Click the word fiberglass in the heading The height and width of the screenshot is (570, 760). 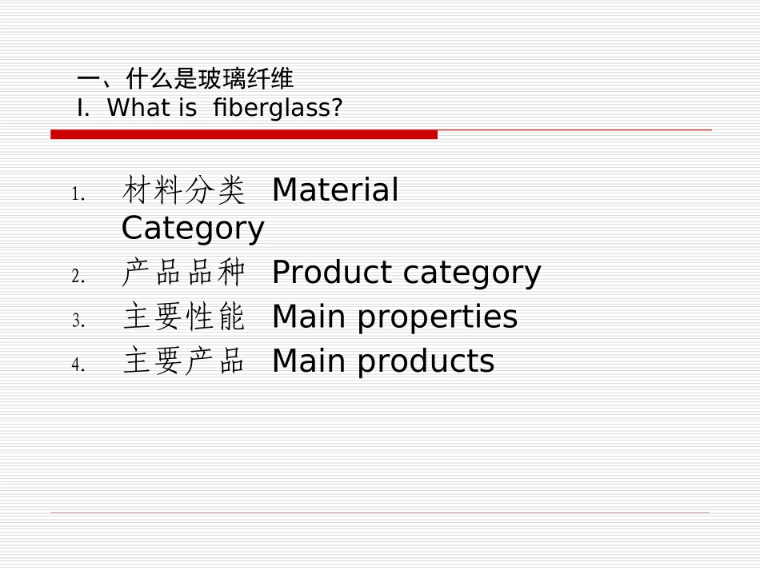click(277, 107)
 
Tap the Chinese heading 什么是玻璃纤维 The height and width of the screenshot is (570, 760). click(210, 78)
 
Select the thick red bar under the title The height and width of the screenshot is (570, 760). click(244, 134)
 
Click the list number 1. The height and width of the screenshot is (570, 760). click(78, 194)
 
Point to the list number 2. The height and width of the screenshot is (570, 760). click(78, 277)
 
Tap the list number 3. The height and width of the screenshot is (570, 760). click(78, 321)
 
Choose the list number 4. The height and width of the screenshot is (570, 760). click(78, 365)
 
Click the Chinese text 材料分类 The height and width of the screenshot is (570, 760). click(183, 190)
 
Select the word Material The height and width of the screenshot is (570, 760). click(335, 190)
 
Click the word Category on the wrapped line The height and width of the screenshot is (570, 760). click(193, 229)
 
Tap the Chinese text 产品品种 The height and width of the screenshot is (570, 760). click(183, 273)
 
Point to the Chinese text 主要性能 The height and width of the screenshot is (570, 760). click(183, 317)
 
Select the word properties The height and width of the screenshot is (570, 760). click(438, 318)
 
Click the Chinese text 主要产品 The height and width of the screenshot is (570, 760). click(183, 361)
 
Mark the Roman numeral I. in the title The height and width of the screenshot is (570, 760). click(83, 107)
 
